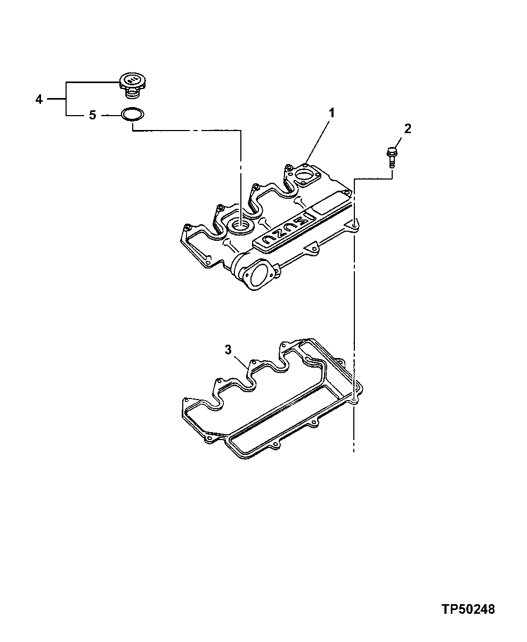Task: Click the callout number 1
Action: (x=331, y=112)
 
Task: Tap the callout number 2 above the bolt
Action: (x=407, y=128)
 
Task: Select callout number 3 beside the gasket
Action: (x=228, y=350)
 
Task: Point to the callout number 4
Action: (x=38, y=99)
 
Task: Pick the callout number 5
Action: (x=92, y=115)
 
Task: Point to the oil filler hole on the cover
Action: (x=238, y=227)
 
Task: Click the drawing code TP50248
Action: (x=467, y=609)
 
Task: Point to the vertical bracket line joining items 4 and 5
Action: (x=66, y=99)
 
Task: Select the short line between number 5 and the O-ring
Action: (x=110, y=115)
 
